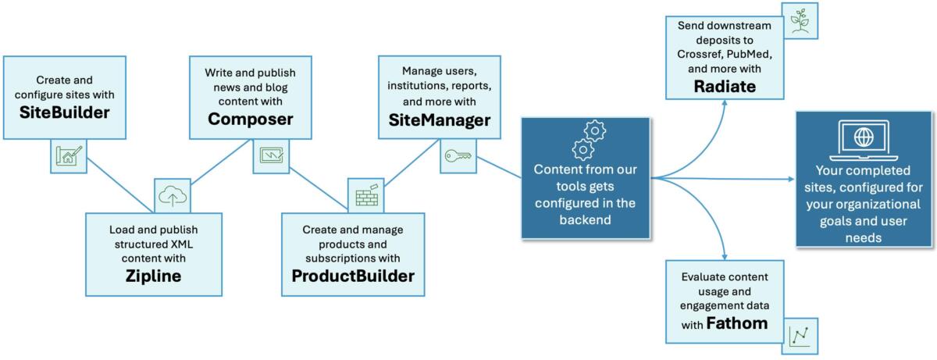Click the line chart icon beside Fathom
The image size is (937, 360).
pyautogui.click(x=798, y=337)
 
